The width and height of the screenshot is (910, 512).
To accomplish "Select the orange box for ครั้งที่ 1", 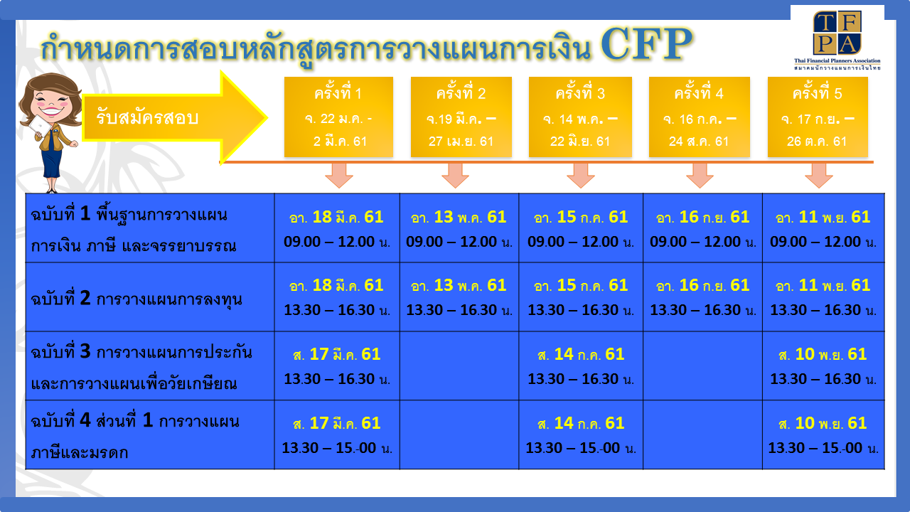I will click(338, 117).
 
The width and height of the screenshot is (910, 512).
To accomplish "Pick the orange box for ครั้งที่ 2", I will click(461, 117).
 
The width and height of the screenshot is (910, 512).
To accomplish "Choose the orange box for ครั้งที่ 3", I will click(580, 117).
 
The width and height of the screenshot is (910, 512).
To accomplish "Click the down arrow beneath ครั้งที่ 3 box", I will click(580, 175).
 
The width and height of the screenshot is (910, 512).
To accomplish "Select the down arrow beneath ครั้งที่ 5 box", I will click(818, 175).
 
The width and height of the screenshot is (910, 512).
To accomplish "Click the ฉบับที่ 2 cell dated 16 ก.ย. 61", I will click(702, 297).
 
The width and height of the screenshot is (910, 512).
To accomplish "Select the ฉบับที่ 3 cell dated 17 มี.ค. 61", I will click(337, 366).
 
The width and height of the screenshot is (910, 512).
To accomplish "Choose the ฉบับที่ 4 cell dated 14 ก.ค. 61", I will click(580, 434).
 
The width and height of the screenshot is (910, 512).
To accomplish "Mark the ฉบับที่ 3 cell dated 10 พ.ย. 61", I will click(823, 366).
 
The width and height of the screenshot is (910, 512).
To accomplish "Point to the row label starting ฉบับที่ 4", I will click(149, 435).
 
